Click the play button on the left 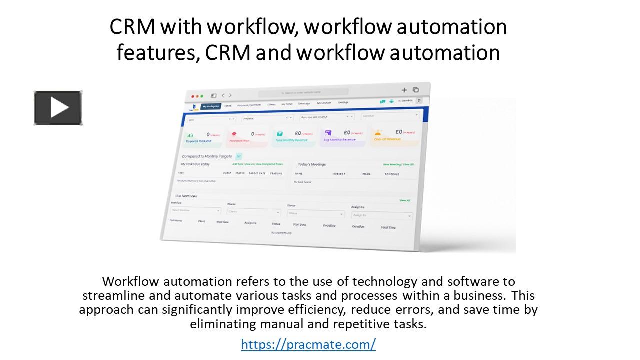[58, 108]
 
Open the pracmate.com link [308, 344]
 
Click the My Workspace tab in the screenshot [211, 106]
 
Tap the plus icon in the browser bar [404, 90]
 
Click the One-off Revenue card [394, 135]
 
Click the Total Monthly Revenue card [295, 136]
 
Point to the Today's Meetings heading [312, 164]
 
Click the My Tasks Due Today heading [195, 164]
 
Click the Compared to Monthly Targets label [207, 156]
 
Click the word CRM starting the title [132, 27]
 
